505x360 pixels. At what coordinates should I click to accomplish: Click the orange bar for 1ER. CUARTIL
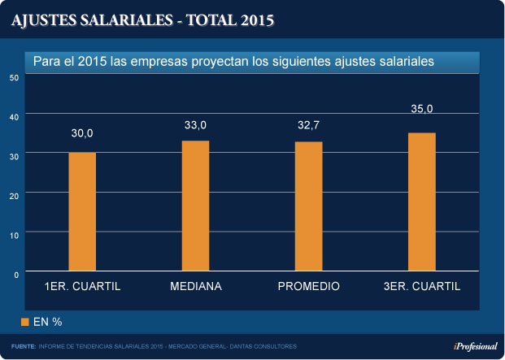tap(82, 211)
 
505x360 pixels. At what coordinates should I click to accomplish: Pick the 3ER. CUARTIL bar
tap(421, 202)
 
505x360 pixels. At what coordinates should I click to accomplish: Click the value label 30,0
tap(82, 133)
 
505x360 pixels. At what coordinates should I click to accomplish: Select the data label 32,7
tap(309, 125)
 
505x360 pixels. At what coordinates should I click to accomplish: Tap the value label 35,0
tap(421, 109)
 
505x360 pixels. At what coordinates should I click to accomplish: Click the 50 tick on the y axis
tap(14, 77)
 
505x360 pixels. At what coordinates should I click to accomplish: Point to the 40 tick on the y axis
tap(14, 116)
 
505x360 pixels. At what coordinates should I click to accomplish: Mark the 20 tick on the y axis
tap(14, 195)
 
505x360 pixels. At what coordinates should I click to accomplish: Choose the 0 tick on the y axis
tap(16, 274)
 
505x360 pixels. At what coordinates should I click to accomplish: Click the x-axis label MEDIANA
tap(196, 287)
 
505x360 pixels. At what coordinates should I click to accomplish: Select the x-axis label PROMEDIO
tap(309, 287)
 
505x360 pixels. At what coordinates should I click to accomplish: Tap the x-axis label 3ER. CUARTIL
tap(421, 287)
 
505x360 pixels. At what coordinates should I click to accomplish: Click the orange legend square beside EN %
tap(25, 322)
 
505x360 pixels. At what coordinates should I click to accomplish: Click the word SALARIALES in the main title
tap(124, 21)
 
